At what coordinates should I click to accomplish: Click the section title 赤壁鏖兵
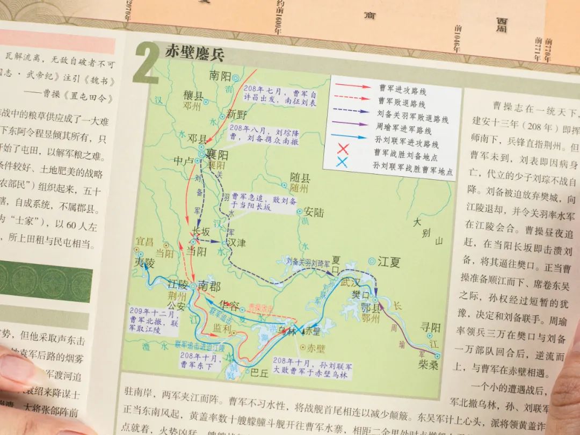tap(194, 54)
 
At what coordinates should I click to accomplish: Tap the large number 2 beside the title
tap(145, 63)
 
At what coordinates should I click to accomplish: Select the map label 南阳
tap(221, 76)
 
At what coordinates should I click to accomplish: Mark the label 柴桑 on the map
tap(429, 366)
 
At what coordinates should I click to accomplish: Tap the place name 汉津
tap(236, 243)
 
